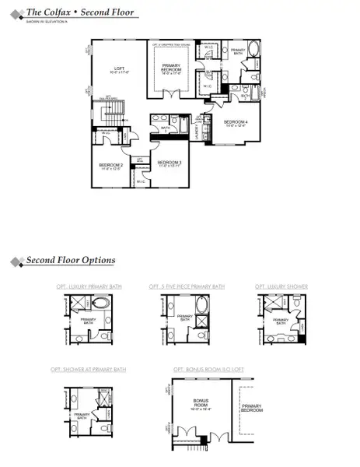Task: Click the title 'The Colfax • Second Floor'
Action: tap(80, 12)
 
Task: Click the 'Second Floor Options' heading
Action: tap(71, 260)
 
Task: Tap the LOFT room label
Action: tap(119, 69)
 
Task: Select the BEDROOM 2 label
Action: tap(111, 165)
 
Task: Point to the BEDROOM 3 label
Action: tap(170, 163)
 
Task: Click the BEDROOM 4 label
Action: tap(236, 122)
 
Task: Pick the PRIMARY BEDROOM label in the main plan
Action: tap(172, 68)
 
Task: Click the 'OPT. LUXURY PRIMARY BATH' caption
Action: tap(89, 286)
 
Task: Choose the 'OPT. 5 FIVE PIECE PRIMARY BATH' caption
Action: tap(187, 286)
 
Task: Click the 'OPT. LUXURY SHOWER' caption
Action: tap(281, 286)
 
